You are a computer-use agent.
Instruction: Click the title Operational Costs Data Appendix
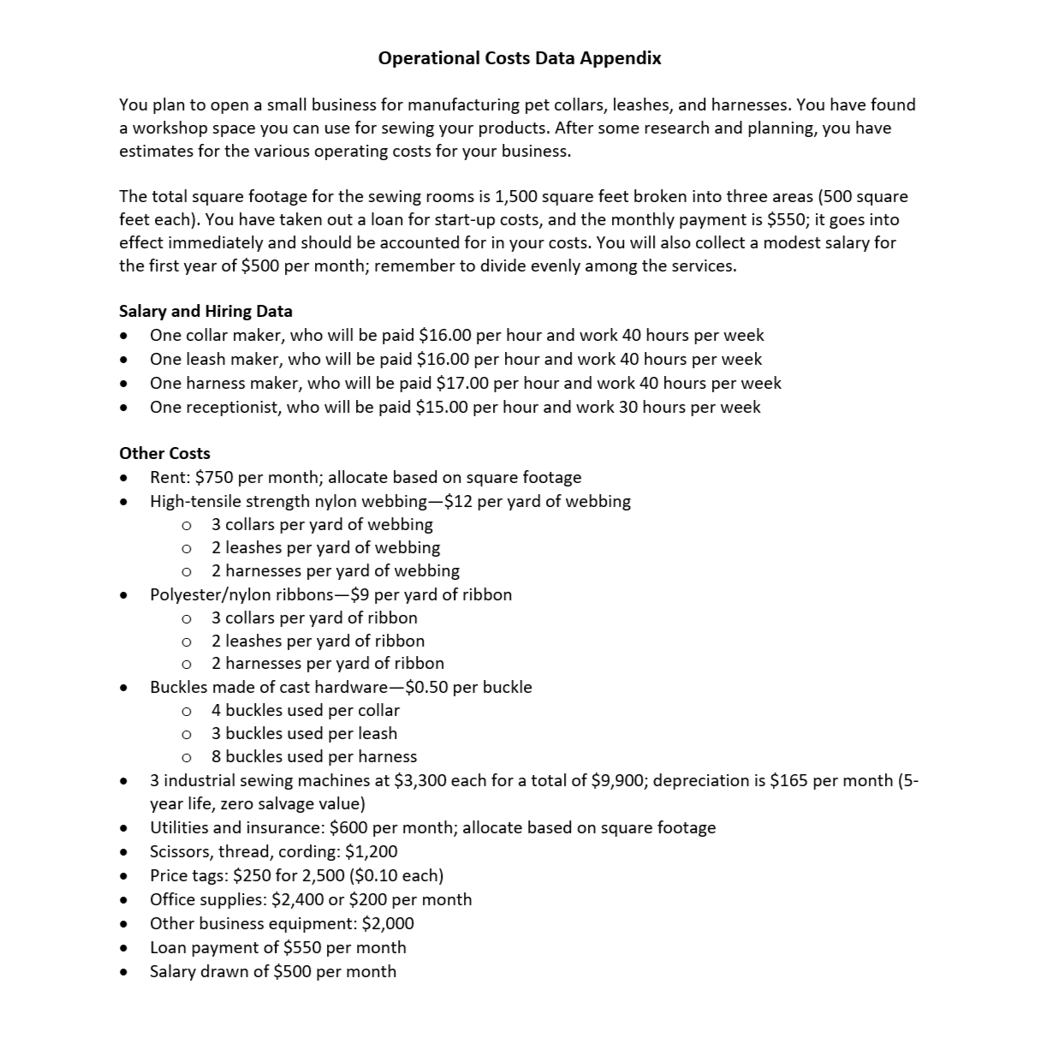(520, 58)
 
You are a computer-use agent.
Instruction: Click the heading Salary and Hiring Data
(205, 311)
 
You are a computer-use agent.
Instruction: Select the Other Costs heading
(164, 453)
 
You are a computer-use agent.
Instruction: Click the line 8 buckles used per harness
(314, 756)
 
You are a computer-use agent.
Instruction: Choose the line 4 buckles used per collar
(306, 710)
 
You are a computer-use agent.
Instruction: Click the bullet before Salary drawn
(125, 972)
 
